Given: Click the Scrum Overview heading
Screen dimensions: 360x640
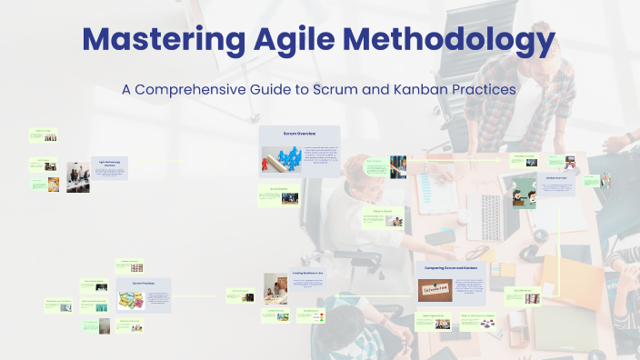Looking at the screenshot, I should click(x=299, y=134).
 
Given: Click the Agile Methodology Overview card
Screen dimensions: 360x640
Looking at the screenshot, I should click(x=109, y=166).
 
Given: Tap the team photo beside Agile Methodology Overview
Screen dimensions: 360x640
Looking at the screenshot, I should click(x=77, y=177).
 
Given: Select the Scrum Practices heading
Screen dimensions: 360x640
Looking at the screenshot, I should click(x=145, y=283).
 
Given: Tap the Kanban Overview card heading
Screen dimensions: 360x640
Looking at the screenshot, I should click(x=556, y=177).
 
